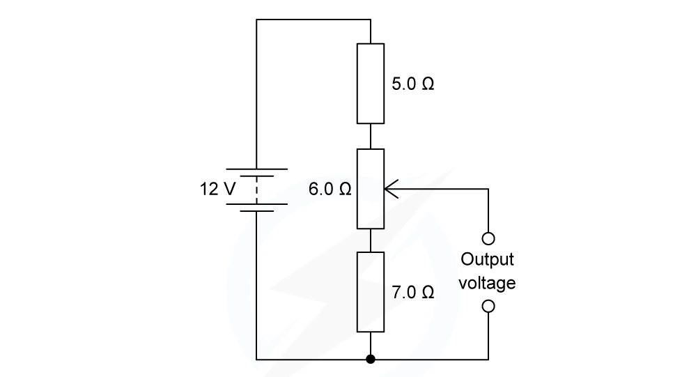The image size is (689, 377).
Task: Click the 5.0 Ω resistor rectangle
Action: [x=370, y=83]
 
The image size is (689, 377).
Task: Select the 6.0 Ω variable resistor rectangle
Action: [x=370, y=188]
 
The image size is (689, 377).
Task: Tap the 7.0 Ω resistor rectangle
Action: [x=370, y=292]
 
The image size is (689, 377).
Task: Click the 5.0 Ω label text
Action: [x=413, y=84]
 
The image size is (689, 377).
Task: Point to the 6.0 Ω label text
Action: [x=330, y=189]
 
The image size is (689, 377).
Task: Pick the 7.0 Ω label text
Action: [x=413, y=293]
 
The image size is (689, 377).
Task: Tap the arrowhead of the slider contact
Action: [x=388, y=188]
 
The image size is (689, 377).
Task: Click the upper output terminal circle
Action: [x=488, y=239]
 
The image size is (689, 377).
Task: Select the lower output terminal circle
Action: [x=488, y=306]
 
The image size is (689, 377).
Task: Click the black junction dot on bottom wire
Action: [x=370, y=360]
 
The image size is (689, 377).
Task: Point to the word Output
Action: [x=488, y=260]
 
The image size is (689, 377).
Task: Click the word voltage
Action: [x=488, y=284]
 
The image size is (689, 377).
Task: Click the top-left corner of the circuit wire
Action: [x=256, y=20]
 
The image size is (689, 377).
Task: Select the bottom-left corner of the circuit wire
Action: [x=256, y=360]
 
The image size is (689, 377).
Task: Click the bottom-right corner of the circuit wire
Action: [x=488, y=360]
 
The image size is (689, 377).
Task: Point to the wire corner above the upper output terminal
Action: [x=488, y=188]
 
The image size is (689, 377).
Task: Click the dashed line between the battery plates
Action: [x=256, y=187]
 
